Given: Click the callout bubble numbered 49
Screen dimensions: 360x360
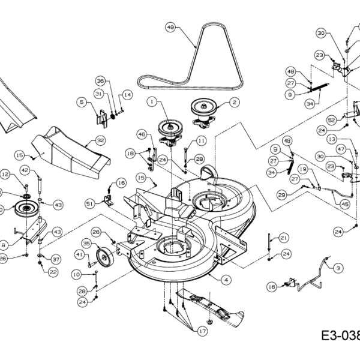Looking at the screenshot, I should pyautogui.click(x=170, y=27).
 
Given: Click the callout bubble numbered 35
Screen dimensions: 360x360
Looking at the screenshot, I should pyautogui.click(x=86, y=244).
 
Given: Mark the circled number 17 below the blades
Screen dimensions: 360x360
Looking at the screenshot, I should pyautogui.click(x=202, y=330).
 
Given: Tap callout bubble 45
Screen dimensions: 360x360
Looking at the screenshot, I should pyautogui.click(x=344, y=203).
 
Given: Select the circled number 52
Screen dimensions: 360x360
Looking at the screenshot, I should pyautogui.click(x=331, y=120).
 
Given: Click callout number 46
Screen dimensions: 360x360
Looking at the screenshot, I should pyautogui.click(x=142, y=134).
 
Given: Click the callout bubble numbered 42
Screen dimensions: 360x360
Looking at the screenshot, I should pyautogui.click(x=25, y=170).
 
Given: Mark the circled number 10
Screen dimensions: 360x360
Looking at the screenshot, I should pyautogui.click(x=76, y=274).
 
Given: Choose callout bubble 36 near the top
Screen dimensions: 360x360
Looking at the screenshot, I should pyautogui.click(x=100, y=81).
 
